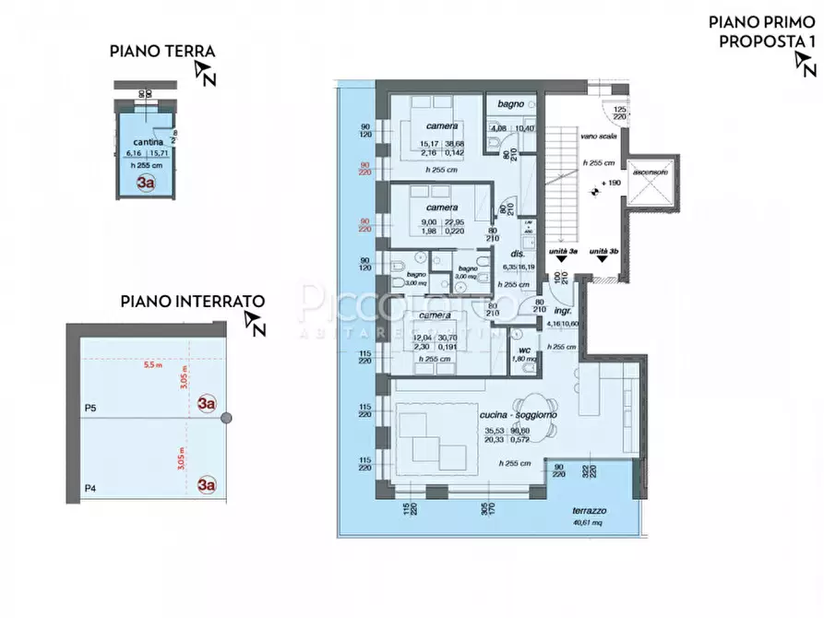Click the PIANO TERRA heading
[x=161, y=52]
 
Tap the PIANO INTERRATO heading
[x=193, y=301]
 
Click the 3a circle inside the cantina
[x=145, y=182]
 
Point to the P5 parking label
[x=90, y=407]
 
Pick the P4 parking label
[x=90, y=488]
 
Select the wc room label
[x=522, y=350]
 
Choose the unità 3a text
[x=562, y=251]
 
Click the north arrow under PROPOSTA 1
[x=804, y=64]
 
